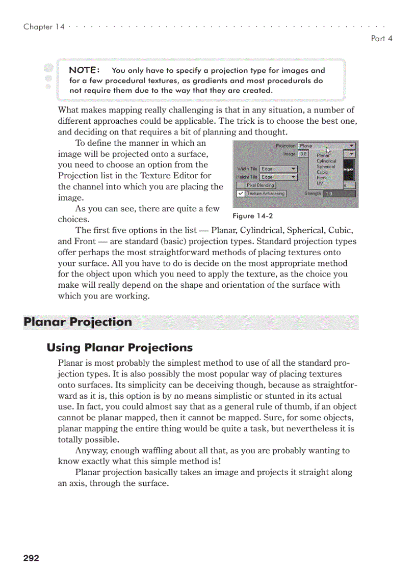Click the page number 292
31,558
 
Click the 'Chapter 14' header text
44,27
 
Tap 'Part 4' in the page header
381,38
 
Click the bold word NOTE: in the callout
84,70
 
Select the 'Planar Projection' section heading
77,322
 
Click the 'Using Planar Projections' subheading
119,348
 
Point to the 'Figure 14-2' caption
252,216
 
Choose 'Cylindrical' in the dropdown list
326,161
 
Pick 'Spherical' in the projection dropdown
326,167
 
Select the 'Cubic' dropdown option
322,172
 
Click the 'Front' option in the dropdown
322,178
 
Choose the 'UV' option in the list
320,183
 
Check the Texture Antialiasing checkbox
241,194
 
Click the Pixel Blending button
260,185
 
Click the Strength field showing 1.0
333,194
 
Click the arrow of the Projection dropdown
352,146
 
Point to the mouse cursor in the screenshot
328,150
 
